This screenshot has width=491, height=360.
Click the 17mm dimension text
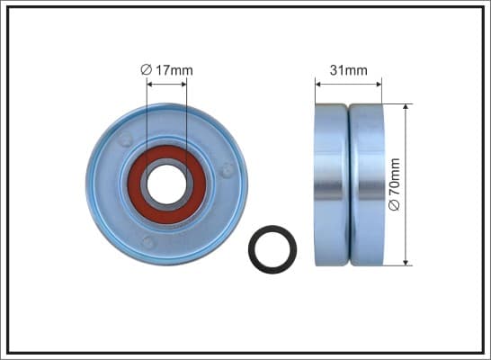click(174, 70)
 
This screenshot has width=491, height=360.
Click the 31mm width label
click(349, 70)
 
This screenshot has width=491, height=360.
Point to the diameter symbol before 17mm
click(147, 70)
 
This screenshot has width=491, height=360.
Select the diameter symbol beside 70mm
click(394, 205)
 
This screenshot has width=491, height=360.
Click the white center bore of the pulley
click(166, 184)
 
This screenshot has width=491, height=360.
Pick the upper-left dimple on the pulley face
click(125, 139)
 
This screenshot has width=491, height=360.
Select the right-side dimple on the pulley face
click(228, 170)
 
